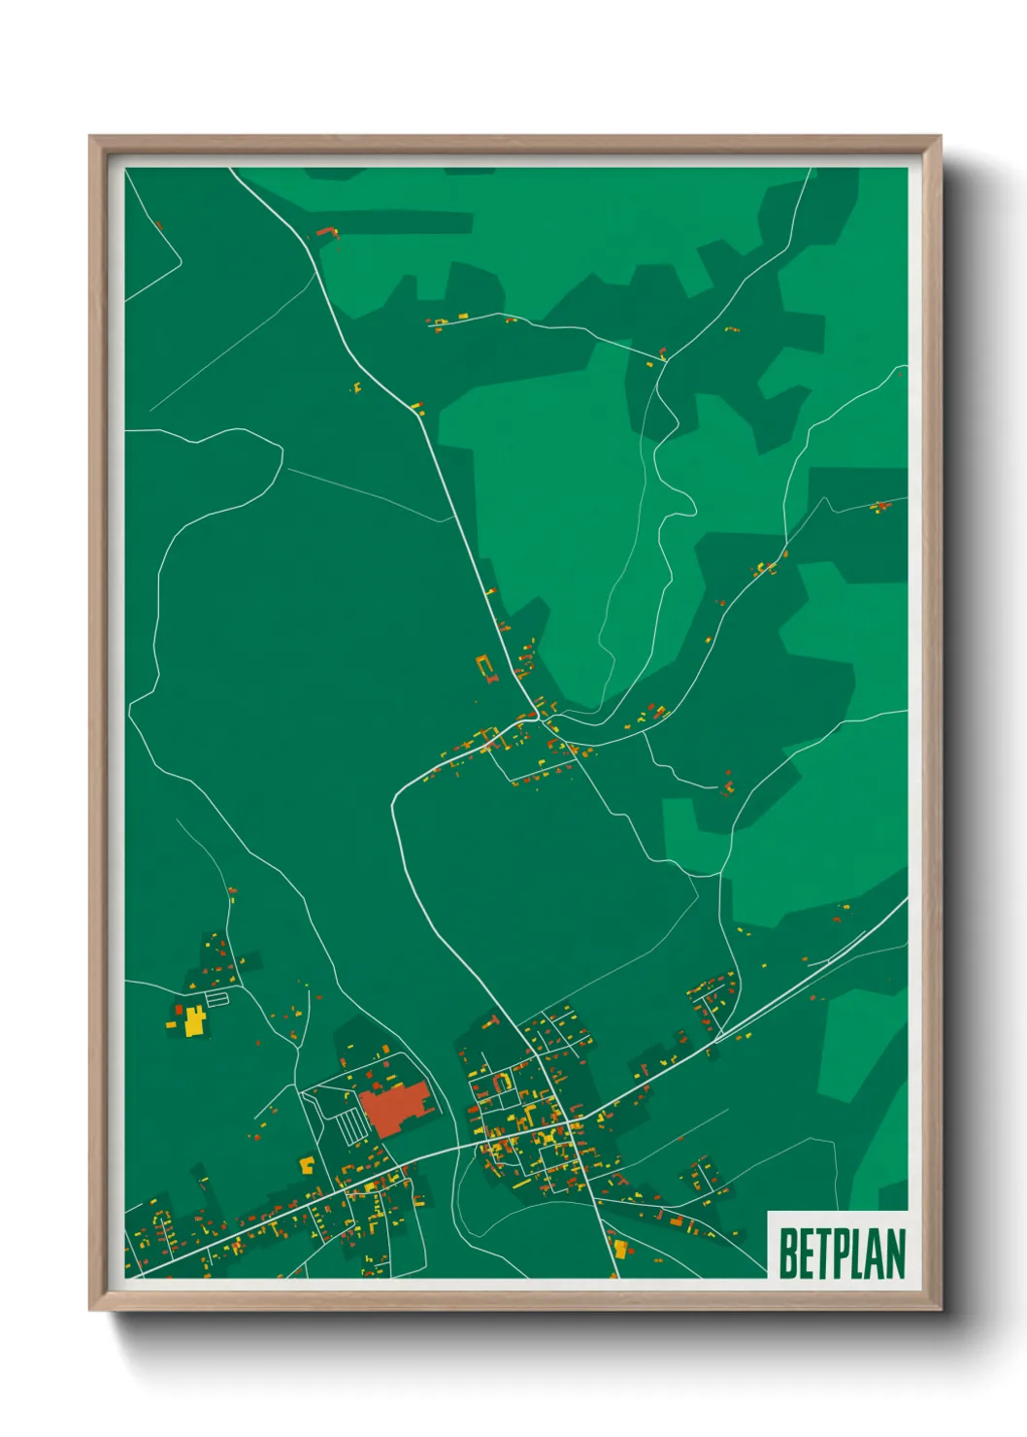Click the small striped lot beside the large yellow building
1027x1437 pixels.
[217, 997]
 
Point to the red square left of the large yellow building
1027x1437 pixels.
[179, 1011]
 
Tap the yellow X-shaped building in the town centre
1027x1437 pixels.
[550, 1135]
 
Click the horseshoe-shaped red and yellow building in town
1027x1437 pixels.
[501, 1081]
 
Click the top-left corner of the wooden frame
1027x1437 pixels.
[90, 137]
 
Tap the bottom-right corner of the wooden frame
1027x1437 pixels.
[941, 1310]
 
